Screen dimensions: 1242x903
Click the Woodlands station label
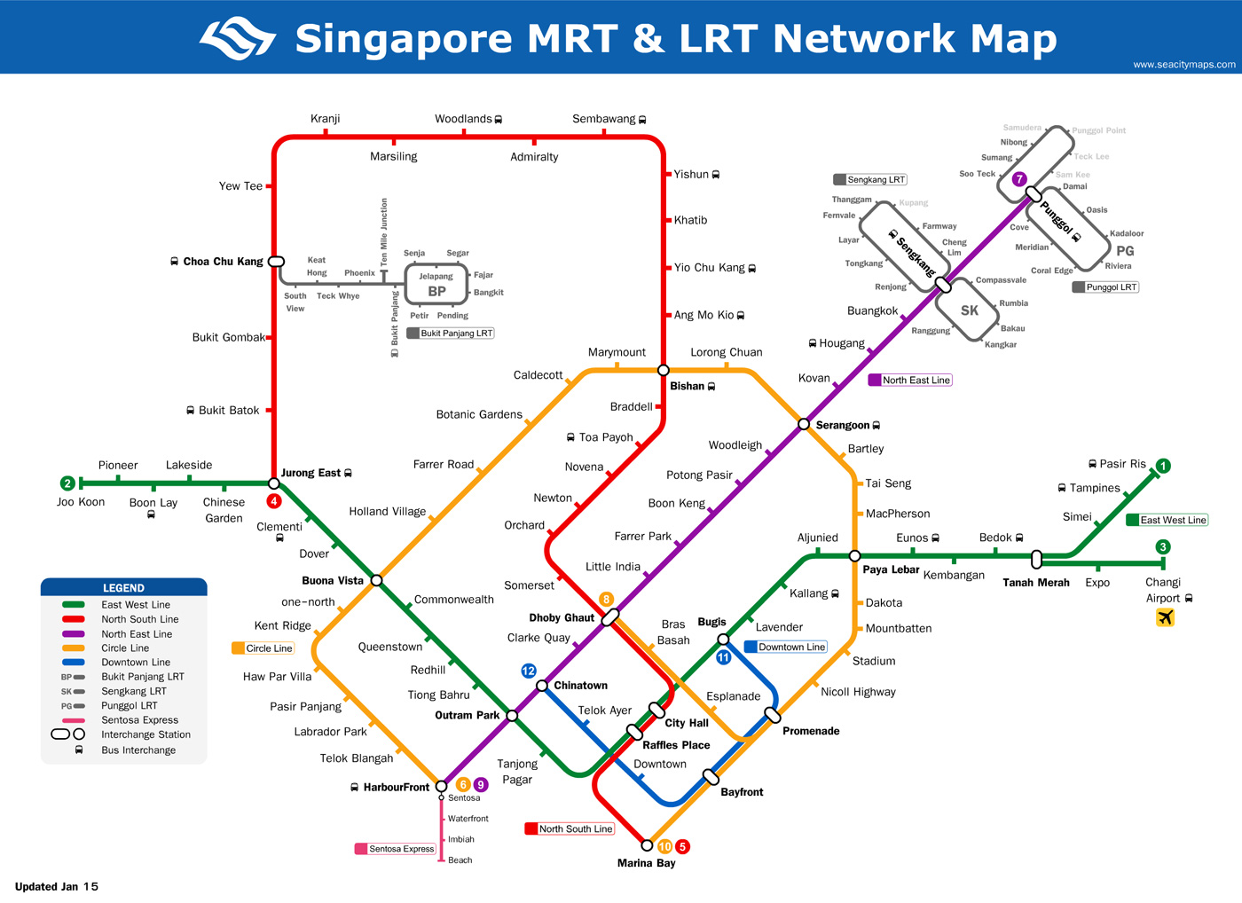tap(463, 119)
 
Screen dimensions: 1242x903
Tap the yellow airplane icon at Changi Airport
tap(1165, 617)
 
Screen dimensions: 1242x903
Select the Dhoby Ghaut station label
tap(562, 617)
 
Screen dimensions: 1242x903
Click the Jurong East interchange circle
tap(274, 483)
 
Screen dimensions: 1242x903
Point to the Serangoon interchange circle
tap(804, 424)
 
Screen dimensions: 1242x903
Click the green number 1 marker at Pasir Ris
tap(1163, 466)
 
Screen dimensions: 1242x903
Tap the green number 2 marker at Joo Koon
tap(67, 483)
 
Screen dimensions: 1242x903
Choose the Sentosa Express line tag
tap(396, 849)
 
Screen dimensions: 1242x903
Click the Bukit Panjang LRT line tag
tap(451, 334)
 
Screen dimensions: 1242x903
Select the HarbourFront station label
tap(396, 787)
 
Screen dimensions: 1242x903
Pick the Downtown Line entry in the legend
tap(135, 663)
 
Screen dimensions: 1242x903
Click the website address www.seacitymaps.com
tap(1184, 64)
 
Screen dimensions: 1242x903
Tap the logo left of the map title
tap(238, 38)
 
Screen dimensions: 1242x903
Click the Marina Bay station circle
tap(647, 845)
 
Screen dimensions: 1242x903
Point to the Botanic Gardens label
tap(479, 414)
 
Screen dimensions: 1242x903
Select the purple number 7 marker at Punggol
tap(1019, 179)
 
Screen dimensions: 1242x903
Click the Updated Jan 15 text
tap(57, 886)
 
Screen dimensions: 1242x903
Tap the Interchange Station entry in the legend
tap(145, 734)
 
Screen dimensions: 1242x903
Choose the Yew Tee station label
tap(240, 186)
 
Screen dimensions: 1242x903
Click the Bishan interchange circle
tap(663, 370)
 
